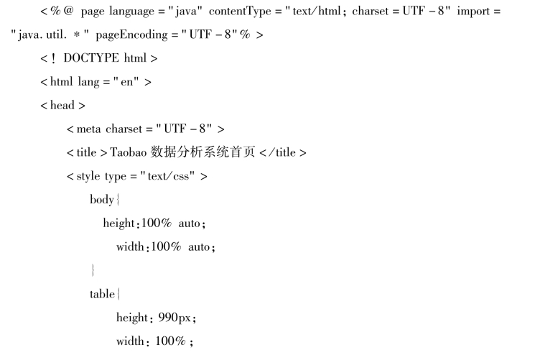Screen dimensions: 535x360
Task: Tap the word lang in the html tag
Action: point(89,83)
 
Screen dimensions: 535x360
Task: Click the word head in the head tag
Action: point(62,106)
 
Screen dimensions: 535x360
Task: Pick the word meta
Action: point(90,129)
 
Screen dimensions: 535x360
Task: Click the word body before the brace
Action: point(101,199)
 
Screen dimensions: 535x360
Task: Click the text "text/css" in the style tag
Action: point(172,176)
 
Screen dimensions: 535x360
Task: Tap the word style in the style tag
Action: point(89,176)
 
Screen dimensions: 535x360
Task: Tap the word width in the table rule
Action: point(130,340)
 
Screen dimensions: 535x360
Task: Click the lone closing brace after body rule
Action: point(93,270)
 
